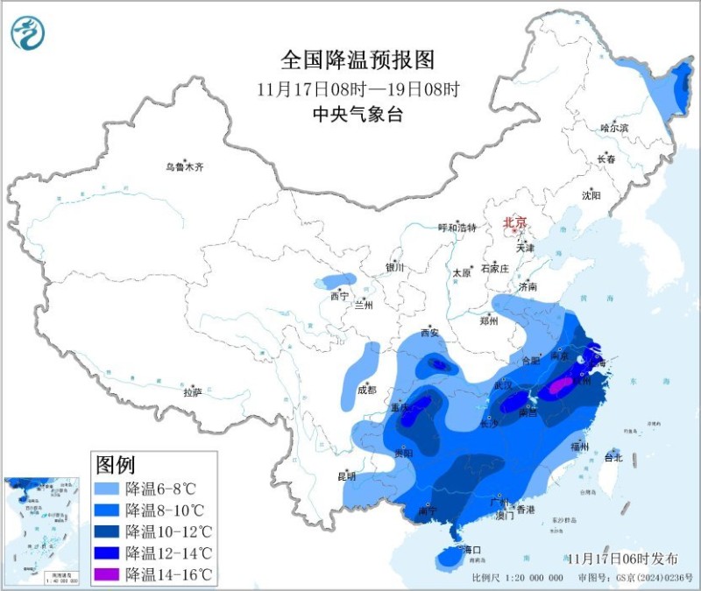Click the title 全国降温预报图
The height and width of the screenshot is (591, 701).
[x=358, y=60]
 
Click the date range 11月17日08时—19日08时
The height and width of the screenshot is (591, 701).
[x=358, y=88]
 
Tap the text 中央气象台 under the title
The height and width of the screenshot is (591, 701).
[x=358, y=114]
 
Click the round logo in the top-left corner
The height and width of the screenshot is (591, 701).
[x=28, y=33]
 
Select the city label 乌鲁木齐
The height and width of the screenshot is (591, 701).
[x=184, y=166]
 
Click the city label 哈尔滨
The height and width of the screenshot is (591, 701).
[x=614, y=128]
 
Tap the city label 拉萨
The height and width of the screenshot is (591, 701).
[x=193, y=392]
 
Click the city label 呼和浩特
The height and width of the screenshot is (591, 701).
[x=457, y=228]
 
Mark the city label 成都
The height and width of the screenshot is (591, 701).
[x=366, y=390]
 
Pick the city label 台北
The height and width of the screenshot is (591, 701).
[x=613, y=457]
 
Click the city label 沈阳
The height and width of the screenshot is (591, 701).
[x=591, y=195]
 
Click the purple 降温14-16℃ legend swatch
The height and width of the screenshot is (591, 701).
[x=107, y=573]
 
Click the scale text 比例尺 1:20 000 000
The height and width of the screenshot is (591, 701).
[x=517, y=578]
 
